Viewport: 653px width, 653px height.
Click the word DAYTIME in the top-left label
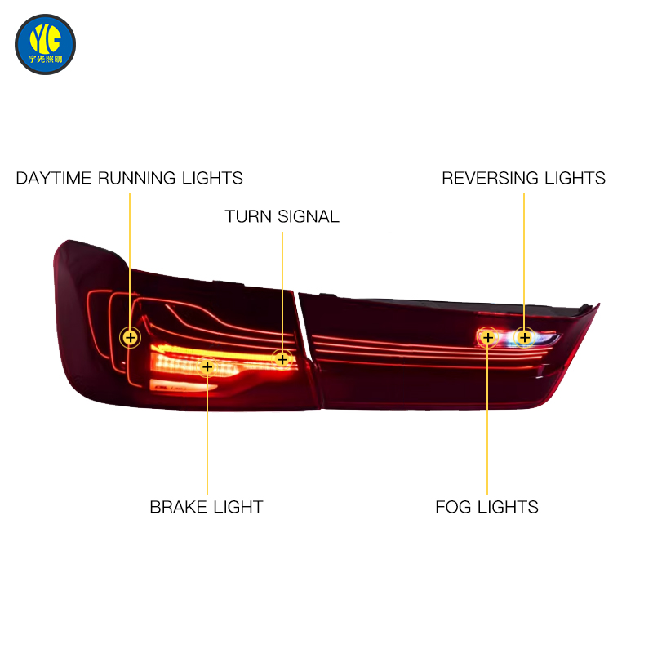[53, 178]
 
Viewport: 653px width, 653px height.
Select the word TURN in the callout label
[248, 216]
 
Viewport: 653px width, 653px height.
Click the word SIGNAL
[309, 216]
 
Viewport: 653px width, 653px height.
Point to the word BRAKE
[178, 507]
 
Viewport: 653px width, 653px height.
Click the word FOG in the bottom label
[453, 507]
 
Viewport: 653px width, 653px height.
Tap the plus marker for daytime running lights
[131, 337]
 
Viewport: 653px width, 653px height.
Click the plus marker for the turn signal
[282, 359]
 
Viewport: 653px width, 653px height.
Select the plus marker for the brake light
[207, 366]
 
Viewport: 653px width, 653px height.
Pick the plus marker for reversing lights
[524, 337]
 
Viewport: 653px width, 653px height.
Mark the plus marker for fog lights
[487, 337]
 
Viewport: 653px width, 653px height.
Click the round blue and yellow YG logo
[46, 45]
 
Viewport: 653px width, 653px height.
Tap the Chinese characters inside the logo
[46, 59]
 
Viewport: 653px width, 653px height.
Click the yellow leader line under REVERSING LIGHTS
[524, 260]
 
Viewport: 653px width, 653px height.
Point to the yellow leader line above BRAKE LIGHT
[207, 436]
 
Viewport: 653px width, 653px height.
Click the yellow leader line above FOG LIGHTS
[487, 421]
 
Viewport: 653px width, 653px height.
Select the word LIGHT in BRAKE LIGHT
[238, 507]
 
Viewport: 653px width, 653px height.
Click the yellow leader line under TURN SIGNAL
[282, 291]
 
